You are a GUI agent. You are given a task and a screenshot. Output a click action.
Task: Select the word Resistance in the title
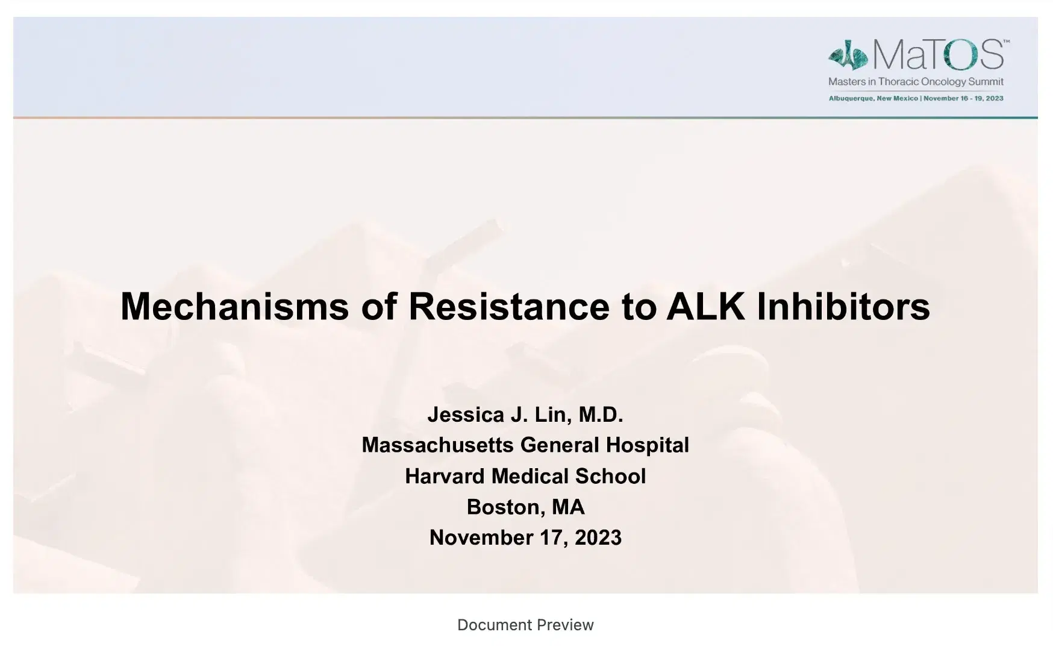pos(509,306)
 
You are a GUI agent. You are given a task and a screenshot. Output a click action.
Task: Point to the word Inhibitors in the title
pos(843,306)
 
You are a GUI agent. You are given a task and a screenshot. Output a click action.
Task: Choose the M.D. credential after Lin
pos(601,415)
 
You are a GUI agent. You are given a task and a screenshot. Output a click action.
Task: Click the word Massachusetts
pos(437,445)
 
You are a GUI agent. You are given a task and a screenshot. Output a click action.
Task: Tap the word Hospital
pos(647,445)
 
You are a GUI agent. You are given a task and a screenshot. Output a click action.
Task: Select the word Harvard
pos(445,476)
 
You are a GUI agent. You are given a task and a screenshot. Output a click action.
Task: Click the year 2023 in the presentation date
pos(598,537)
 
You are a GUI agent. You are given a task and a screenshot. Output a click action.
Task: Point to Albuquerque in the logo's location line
pos(851,98)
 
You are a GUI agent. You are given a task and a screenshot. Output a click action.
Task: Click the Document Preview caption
pos(525,625)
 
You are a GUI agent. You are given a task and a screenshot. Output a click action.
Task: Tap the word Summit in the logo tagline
pos(986,82)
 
